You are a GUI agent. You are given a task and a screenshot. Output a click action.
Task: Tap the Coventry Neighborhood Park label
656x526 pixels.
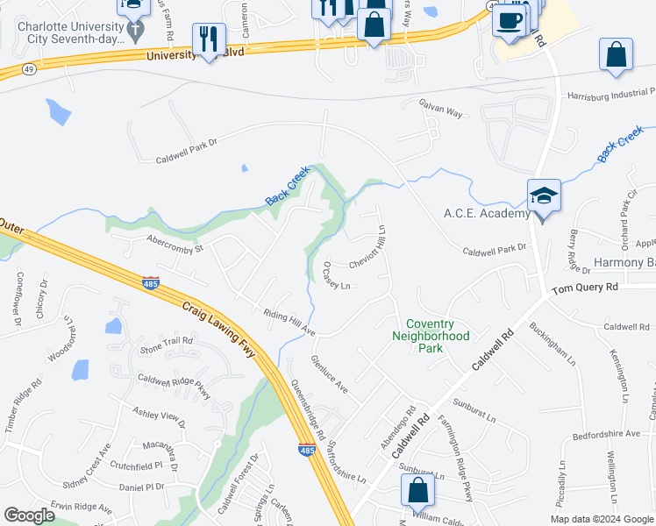pos(431,336)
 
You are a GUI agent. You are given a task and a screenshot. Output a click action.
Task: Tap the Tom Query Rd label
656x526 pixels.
pos(585,287)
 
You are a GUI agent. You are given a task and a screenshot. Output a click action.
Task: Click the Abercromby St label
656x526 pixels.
pos(175,243)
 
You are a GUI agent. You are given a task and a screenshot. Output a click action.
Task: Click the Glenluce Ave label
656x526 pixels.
pos(330,374)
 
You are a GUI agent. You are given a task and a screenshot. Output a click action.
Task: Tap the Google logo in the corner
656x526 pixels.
pos(29,515)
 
